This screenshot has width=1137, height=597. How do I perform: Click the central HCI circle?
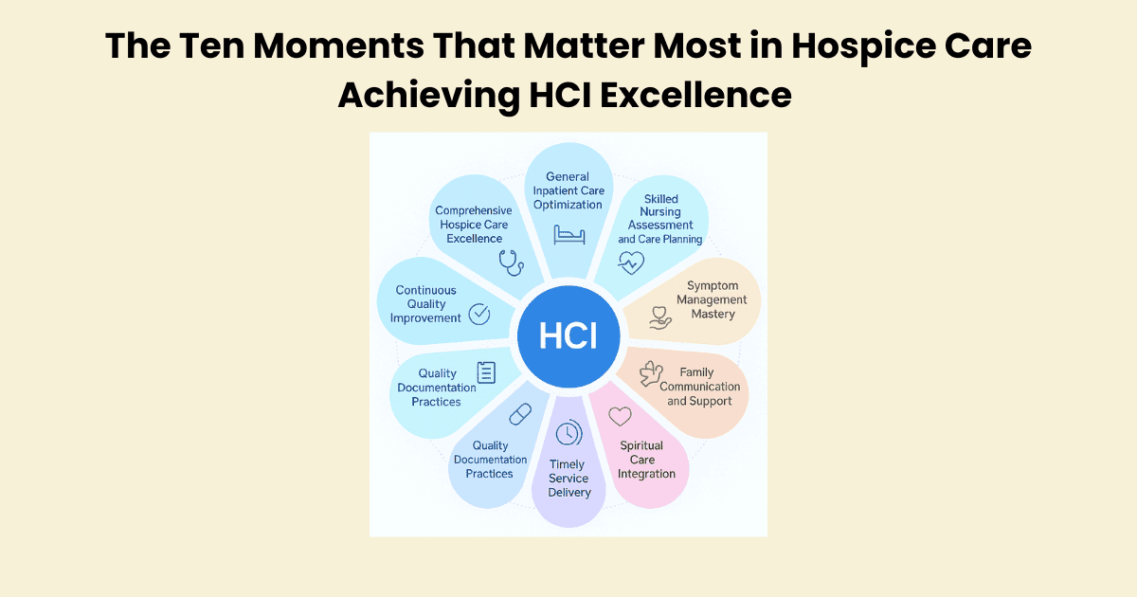click(x=568, y=336)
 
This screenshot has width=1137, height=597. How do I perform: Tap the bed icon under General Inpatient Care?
click(x=569, y=235)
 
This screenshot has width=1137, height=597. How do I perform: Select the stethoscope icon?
click(x=511, y=262)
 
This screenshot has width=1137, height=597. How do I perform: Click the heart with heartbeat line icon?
click(x=631, y=262)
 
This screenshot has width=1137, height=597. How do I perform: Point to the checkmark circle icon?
click(x=479, y=315)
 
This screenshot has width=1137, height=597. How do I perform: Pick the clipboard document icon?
click(x=486, y=372)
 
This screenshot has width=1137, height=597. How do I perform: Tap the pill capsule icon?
click(x=520, y=414)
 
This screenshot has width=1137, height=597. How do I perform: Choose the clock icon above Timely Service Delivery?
click(x=568, y=432)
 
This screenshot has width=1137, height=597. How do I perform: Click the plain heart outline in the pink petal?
click(x=620, y=416)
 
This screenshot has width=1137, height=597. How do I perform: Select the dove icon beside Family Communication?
click(x=651, y=373)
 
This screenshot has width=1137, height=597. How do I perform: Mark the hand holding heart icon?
click(x=660, y=317)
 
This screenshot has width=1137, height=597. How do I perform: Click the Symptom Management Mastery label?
click(x=712, y=299)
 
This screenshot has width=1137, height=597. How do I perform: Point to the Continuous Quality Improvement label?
click(x=425, y=304)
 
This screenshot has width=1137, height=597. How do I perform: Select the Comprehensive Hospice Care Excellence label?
click(x=474, y=225)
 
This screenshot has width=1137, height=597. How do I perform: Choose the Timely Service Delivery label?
click(x=569, y=479)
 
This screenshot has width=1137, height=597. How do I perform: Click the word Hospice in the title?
click(x=863, y=46)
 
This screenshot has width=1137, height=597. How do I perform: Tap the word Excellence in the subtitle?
click(x=695, y=95)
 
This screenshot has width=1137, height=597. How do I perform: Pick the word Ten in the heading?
click(x=211, y=46)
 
